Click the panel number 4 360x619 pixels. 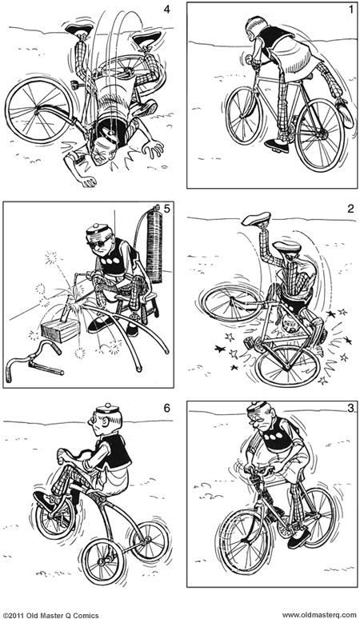click(x=166, y=9)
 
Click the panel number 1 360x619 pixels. click(x=351, y=10)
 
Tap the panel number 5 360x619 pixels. click(x=166, y=209)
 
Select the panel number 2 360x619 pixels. click(x=350, y=210)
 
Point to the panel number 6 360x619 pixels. click(x=166, y=408)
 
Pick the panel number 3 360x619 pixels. click(x=350, y=409)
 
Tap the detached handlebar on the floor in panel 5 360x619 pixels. click(x=34, y=361)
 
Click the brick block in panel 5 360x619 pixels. click(x=60, y=329)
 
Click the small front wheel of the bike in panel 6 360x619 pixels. click(x=55, y=517)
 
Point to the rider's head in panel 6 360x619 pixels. click(x=105, y=422)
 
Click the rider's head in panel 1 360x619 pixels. click(x=253, y=28)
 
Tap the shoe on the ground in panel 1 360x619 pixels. click(x=276, y=146)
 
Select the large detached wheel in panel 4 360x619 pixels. click(x=38, y=110)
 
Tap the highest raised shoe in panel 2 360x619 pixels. click(x=257, y=218)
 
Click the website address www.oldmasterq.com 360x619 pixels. click(x=319, y=615)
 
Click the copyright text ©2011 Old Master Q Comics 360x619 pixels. click(x=51, y=615)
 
